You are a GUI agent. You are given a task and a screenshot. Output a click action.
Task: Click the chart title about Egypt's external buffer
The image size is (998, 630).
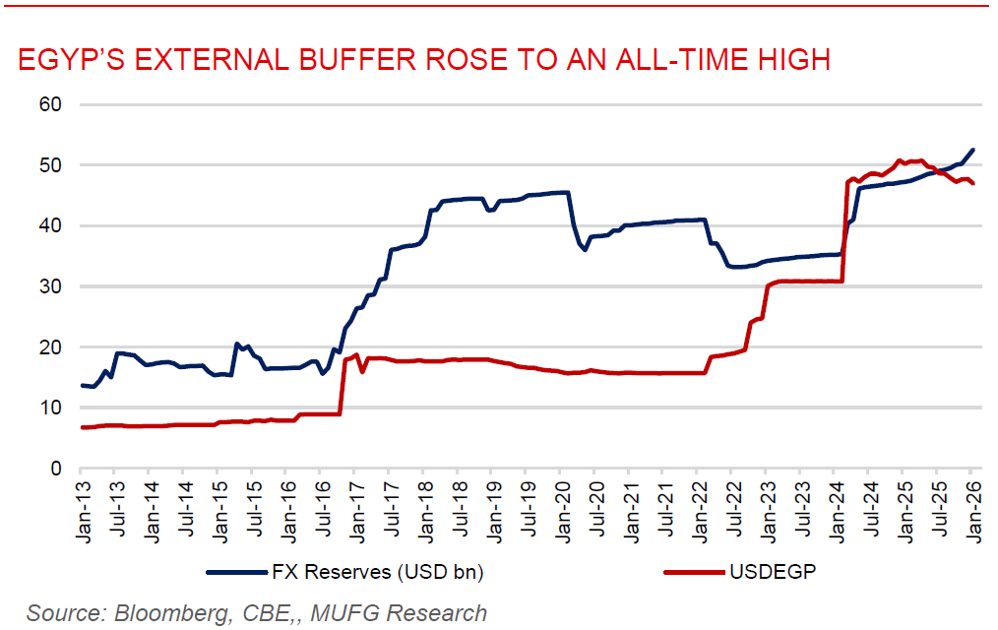424,61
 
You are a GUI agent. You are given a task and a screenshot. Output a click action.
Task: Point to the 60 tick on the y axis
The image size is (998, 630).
49,104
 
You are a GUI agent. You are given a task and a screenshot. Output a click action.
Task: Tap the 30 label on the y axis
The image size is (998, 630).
49,286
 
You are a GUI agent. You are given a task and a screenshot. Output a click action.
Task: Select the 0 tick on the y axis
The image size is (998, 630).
55,469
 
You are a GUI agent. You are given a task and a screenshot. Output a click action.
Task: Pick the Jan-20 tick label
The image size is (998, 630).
559,502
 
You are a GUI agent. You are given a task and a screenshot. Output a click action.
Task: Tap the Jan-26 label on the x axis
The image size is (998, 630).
968,502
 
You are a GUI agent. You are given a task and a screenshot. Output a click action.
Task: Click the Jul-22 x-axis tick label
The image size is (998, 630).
729,502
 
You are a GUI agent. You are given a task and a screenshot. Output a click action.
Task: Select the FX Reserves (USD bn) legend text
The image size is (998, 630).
377,572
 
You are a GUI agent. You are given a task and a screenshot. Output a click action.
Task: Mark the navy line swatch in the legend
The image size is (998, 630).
234,572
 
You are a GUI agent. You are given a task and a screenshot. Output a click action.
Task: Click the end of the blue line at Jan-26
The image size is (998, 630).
972,150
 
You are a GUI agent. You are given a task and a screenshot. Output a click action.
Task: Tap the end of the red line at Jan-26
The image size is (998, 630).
972,184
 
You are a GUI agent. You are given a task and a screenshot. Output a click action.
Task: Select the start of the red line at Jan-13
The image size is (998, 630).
82,427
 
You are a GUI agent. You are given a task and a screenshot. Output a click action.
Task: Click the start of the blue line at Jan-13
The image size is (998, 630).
82,385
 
